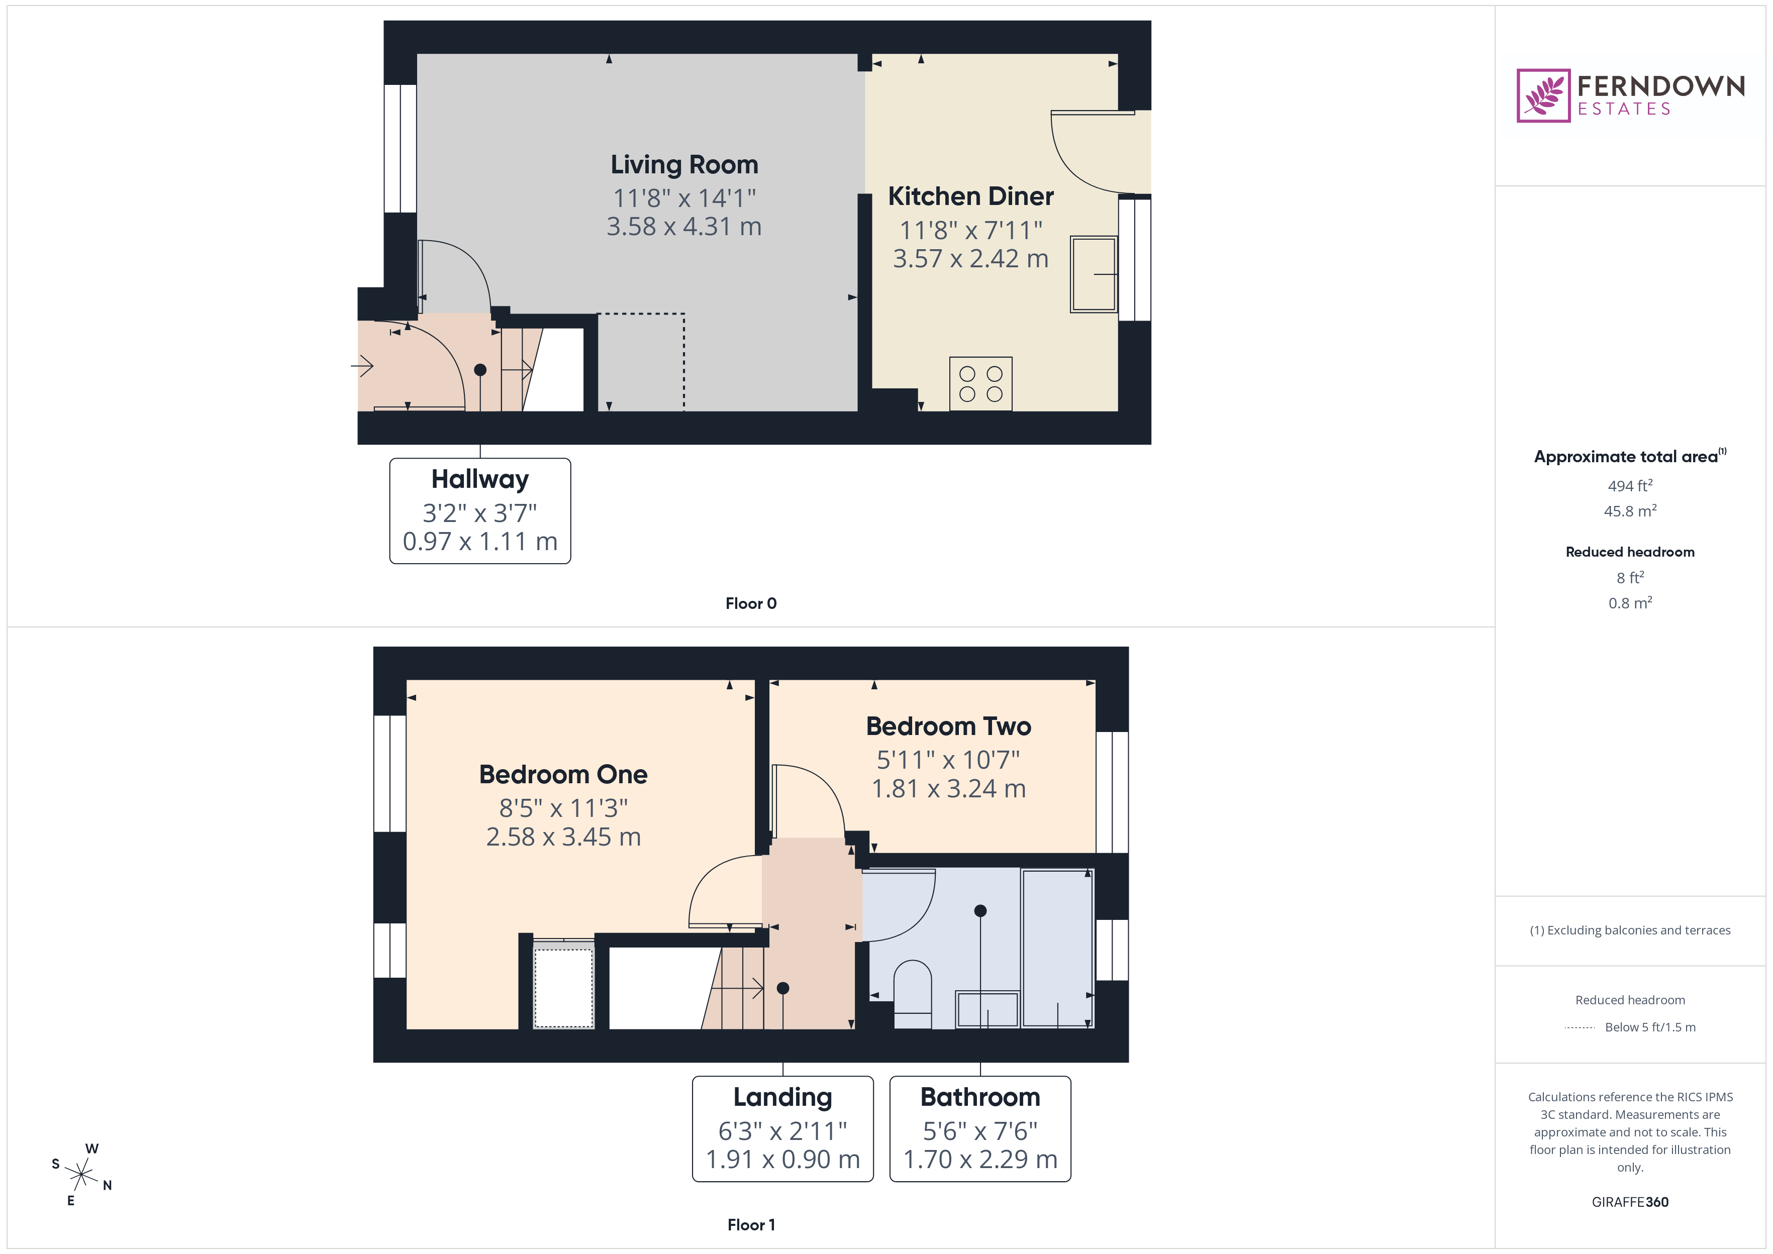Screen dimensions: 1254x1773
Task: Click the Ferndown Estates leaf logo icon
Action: (1543, 96)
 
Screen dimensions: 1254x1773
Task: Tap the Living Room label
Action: (684, 164)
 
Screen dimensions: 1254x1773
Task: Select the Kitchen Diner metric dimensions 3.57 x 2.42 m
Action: (970, 259)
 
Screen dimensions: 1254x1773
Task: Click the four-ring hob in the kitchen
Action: (980, 384)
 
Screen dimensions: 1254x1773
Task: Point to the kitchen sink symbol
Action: (1094, 274)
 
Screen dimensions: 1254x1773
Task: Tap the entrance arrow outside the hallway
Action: (362, 365)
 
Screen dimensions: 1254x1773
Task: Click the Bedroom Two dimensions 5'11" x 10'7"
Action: (948, 760)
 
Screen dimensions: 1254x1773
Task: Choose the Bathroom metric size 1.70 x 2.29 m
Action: (980, 1159)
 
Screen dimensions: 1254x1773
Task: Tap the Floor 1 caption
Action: (751, 1225)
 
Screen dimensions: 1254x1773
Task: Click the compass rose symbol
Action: (81, 1175)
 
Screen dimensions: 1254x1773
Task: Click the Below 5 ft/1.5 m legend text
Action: (1650, 1027)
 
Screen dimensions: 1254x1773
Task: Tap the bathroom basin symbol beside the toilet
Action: (987, 1008)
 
